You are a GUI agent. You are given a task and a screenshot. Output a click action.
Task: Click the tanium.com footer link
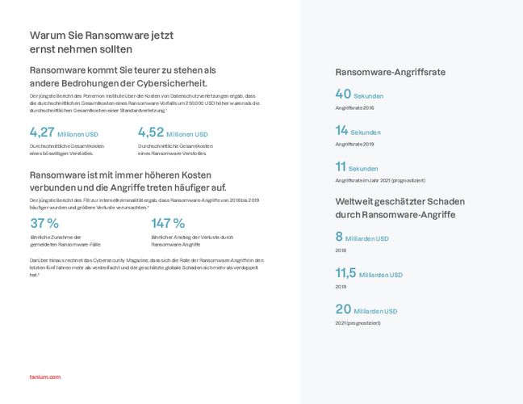tap(44, 377)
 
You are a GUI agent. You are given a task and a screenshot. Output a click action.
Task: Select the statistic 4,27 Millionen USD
tap(64, 133)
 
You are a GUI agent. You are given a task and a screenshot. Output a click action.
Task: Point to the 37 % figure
tap(44, 223)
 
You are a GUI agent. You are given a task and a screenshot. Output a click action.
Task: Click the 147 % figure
tap(168, 223)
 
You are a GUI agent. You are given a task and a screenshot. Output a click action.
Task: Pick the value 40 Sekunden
tap(359, 95)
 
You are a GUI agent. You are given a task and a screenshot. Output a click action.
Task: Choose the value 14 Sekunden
tap(358, 131)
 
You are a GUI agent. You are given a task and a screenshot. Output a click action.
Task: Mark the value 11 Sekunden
tap(357, 167)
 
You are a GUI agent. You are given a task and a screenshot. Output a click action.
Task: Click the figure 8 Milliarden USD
tap(362, 238)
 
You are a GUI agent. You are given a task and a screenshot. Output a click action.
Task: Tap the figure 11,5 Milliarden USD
tap(369, 274)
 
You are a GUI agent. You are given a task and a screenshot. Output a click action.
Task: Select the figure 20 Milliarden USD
tap(366, 309)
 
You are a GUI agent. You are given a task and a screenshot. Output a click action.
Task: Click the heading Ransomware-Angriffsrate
tap(390, 72)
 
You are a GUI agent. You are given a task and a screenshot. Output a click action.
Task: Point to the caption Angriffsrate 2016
tap(354, 107)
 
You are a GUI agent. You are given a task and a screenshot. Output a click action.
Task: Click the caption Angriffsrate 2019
tap(354, 144)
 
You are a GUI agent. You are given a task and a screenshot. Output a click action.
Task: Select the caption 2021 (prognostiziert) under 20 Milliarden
tap(358, 322)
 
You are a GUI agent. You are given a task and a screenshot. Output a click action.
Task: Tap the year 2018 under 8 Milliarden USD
tap(341, 250)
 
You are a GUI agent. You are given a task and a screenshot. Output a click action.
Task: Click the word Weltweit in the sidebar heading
tap(353, 200)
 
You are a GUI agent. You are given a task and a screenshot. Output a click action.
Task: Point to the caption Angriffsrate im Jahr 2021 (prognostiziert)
tap(379, 180)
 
